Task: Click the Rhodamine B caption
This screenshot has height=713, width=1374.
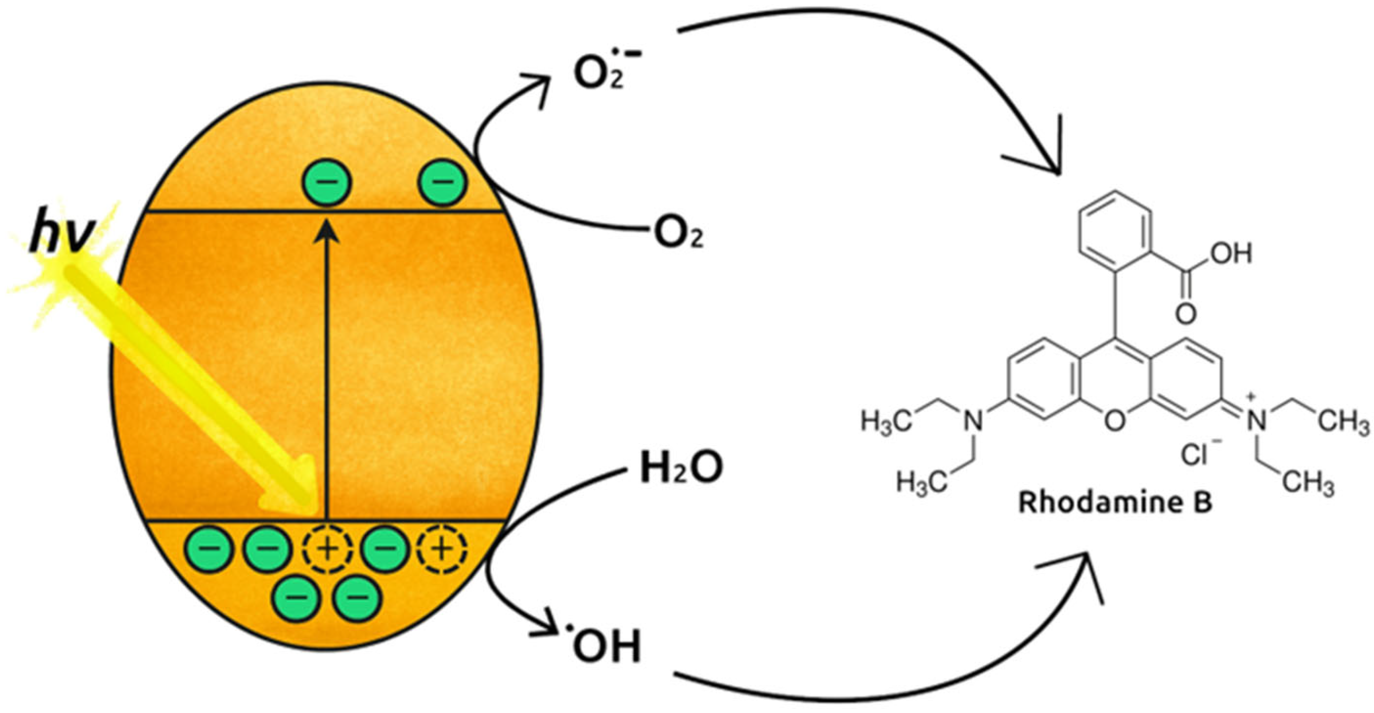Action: pos(1114,503)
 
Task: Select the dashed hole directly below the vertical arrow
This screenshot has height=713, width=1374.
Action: pos(327,550)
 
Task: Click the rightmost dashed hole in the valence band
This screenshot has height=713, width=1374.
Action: pos(442,550)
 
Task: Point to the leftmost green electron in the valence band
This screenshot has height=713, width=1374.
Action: pos(208,550)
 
